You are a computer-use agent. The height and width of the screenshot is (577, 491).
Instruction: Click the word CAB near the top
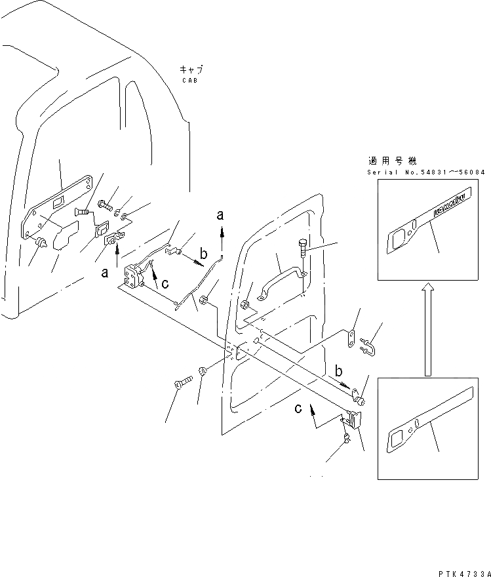click(x=189, y=80)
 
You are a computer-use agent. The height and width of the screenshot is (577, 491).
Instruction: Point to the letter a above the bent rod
click(x=221, y=215)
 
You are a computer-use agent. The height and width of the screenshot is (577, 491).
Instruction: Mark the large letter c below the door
click(x=299, y=408)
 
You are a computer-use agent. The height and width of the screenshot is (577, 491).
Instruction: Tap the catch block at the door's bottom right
click(x=353, y=420)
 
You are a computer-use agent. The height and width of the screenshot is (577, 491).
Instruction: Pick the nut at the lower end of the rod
click(x=204, y=301)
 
